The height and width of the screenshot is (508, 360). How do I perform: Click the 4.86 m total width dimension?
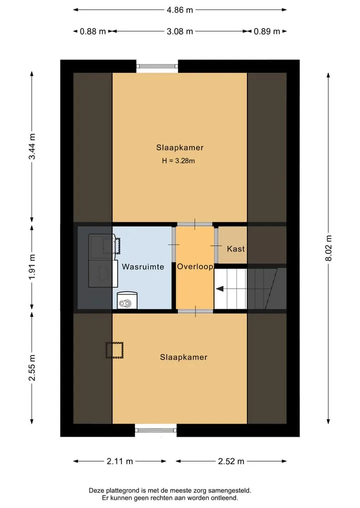[x=179, y=10]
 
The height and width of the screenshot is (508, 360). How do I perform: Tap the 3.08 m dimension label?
[x=179, y=31]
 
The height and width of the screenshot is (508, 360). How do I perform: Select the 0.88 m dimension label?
[x=93, y=31]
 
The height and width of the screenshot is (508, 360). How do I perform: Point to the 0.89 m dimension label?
[x=266, y=31]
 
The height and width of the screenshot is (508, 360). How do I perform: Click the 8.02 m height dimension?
[x=328, y=248]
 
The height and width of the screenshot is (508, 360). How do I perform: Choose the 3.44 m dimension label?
[x=32, y=146]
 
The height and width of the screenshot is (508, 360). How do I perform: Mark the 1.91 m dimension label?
[x=32, y=267]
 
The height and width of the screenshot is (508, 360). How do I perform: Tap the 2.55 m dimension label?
[x=32, y=368]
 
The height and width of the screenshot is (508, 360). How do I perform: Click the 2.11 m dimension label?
[x=119, y=461]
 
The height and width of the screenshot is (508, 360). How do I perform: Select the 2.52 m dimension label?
[x=231, y=461]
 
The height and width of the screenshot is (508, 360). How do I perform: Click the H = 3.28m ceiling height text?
[x=178, y=161]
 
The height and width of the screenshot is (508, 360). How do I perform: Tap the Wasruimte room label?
[x=143, y=267]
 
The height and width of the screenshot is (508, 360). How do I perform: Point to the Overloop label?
[x=195, y=267]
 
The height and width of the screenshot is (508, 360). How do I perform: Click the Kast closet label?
[x=236, y=249]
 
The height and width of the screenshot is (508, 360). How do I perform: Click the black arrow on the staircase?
[x=220, y=289]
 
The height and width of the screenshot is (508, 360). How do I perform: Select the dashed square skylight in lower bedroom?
[x=115, y=350]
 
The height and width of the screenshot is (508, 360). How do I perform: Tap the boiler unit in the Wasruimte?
[x=127, y=300]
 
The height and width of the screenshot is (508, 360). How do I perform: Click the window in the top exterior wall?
[x=157, y=66]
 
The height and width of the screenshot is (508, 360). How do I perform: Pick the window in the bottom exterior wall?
[x=155, y=430]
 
